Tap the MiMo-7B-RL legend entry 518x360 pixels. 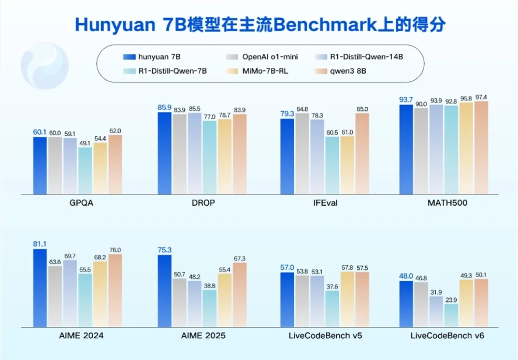pyautogui.click(x=259, y=70)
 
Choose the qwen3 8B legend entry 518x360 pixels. pyautogui.click(x=357, y=70)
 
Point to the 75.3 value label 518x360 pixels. pyautogui.click(x=164, y=250)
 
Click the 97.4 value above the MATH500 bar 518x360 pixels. pyautogui.click(x=481, y=97)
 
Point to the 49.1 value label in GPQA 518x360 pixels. pyautogui.click(x=85, y=143)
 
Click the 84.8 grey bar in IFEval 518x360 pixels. pyautogui.click(x=303, y=153)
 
